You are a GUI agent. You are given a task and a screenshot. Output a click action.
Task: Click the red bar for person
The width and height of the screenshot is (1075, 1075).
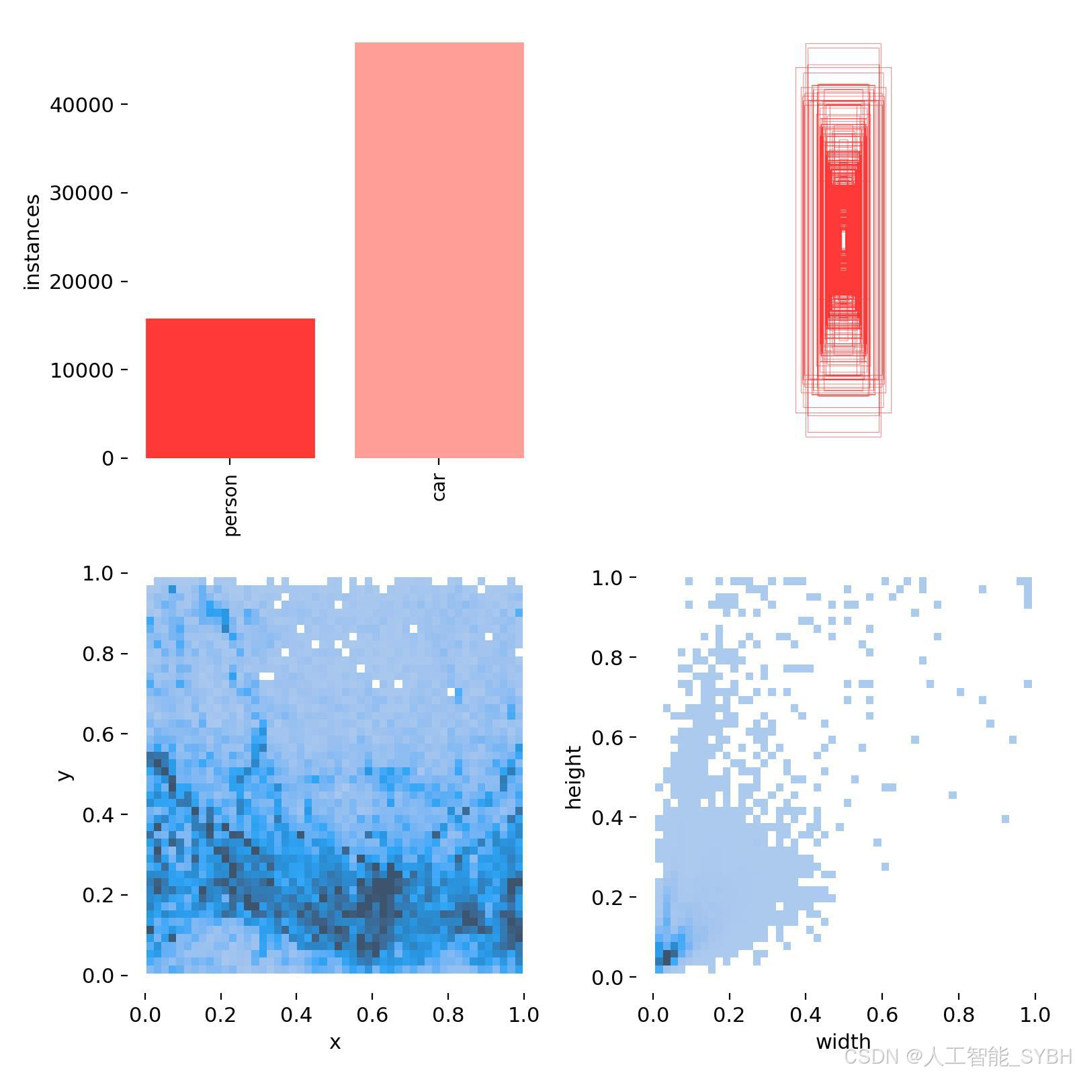click(x=230, y=388)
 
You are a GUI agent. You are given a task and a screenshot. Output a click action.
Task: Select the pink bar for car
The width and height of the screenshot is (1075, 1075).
click(x=439, y=250)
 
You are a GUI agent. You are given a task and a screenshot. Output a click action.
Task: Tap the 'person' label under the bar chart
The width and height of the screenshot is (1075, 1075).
click(x=230, y=505)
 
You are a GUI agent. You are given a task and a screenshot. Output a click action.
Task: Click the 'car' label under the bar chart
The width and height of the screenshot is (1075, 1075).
click(x=439, y=486)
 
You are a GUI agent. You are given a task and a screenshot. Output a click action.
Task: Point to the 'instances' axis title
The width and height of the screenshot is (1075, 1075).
click(x=32, y=242)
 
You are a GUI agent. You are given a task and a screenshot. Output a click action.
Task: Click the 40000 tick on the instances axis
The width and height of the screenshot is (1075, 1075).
click(x=81, y=105)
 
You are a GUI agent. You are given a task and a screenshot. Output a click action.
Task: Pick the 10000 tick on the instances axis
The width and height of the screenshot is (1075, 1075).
click(x=81, y=370)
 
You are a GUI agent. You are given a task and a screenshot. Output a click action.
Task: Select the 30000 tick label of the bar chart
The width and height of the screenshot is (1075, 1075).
click(x=81, y=193)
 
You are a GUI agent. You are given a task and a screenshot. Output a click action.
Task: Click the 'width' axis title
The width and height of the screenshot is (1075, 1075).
click(x=843, y=1041)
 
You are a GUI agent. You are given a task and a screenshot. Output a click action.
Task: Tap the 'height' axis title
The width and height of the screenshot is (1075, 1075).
click(x=572, y=777)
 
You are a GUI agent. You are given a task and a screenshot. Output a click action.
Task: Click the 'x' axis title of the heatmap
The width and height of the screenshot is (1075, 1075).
click(x=335, y=1042)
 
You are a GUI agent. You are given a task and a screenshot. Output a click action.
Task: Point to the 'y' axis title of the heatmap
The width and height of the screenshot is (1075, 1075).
click(x=64, y=775)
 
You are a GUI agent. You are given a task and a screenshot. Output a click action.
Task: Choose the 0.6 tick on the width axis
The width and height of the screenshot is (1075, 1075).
click(x=882, y=1014)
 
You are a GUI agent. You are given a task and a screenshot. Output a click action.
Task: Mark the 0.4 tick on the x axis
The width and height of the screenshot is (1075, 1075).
click(x=296, y=1014)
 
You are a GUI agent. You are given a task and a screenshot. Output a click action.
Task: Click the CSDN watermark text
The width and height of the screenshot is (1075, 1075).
click(x=957, y=1057)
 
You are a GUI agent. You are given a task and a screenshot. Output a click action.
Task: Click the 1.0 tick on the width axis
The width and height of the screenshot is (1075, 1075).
click(x=1035, y=1014)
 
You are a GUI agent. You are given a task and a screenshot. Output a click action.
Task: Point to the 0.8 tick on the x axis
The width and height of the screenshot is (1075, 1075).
click(x=448, y=1014)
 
